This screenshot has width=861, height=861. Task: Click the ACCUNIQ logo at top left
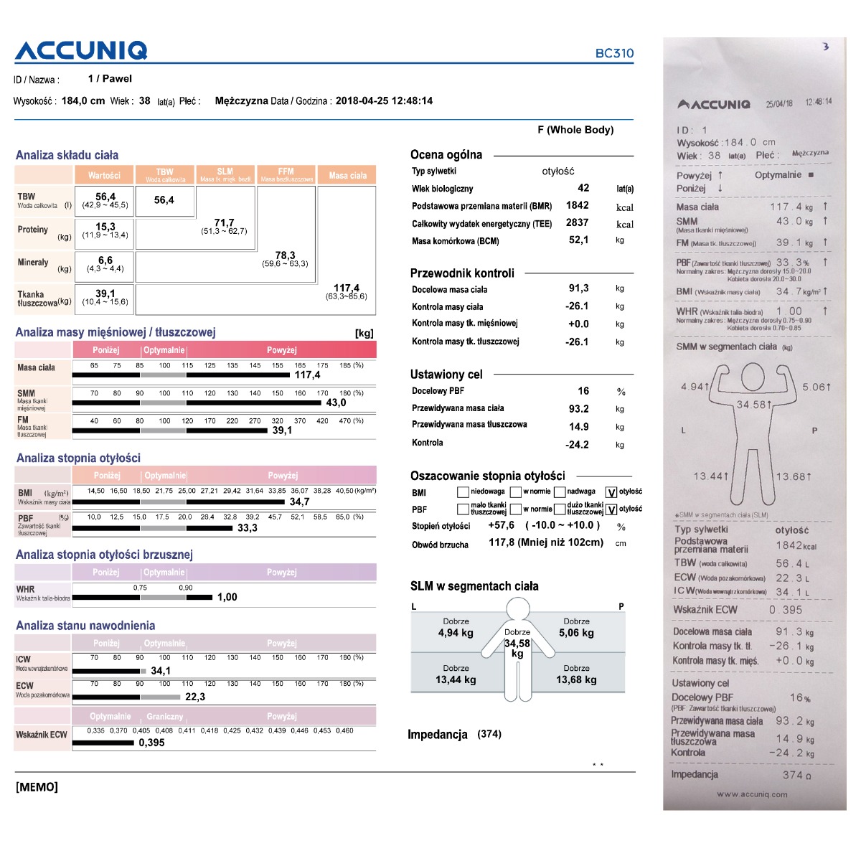pos(81,51)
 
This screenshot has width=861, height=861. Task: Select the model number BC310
pos(614,53)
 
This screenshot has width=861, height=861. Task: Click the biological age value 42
pos(583,188)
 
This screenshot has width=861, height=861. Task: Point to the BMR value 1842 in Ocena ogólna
pos(577,205)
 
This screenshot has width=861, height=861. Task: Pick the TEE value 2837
pos(577,223)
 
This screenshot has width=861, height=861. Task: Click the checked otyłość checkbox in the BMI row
pos(611,492)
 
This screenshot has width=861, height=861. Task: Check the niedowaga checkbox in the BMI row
pos(463,492)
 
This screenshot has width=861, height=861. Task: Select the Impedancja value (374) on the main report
pos(489,734)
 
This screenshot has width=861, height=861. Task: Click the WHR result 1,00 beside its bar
pos(227,597)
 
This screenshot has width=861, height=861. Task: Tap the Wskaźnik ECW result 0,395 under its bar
pos(151,743)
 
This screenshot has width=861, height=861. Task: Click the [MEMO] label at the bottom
pos(37,787)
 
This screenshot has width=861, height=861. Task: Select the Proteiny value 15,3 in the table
pos(105,227)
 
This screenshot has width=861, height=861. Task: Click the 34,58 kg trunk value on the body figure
pos(517,644)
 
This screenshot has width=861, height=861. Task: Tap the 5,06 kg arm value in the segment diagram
pos(576,633)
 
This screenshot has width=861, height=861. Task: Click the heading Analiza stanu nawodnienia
pos(85,626)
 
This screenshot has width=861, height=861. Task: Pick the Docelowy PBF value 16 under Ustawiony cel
pos(583,391)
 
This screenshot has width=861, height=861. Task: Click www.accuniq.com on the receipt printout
pos(751,794)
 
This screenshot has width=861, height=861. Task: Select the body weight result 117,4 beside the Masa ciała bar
pos(307,375)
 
